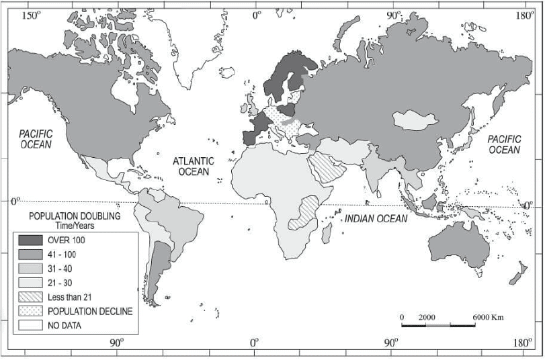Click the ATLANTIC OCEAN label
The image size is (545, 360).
click(x=193, y=166)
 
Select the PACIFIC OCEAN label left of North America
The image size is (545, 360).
click(x=35, y=139)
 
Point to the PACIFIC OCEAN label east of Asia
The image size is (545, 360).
click(x=504, y=144)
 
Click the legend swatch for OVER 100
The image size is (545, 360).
click(x=30, y=240)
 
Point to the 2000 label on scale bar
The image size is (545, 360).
click(x=427, y=316)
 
